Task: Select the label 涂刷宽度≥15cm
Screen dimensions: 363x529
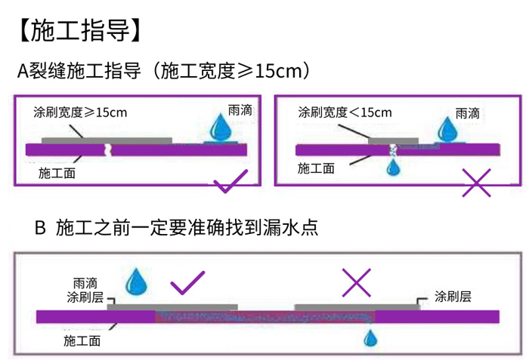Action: coord(80,112)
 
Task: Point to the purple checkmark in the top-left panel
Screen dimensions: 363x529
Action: coord(230,182)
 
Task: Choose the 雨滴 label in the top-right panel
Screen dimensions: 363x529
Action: coord(468,114)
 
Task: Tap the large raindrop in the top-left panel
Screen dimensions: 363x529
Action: coord(221,128)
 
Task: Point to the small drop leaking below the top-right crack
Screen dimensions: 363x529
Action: coord(392,169)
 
